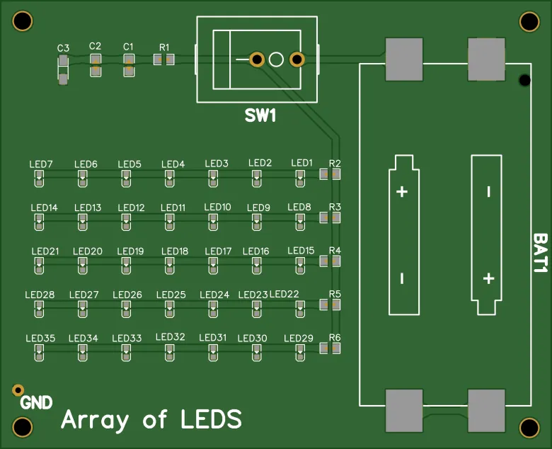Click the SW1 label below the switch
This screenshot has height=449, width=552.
(260, 115)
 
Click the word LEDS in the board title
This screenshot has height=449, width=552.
(211, 419)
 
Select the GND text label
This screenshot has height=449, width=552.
(36, 403)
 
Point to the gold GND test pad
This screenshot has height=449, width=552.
(18, 390)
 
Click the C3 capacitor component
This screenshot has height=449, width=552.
(63, 69)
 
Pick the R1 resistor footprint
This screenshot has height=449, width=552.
(164, 60)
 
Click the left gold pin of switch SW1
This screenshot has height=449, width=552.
(257, 59)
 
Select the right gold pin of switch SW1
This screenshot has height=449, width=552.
(297, 59)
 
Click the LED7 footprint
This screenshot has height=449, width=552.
(39, 179)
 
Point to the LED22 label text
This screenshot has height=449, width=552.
(284, 294)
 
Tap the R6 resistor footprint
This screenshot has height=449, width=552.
(330, 348)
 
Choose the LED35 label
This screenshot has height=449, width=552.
(40, 338)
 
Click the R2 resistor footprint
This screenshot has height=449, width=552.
(330, 174)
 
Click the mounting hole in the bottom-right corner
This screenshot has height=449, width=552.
(529, 428)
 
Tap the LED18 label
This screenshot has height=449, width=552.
(175, 251)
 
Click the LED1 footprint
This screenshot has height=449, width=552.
(301, 179)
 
